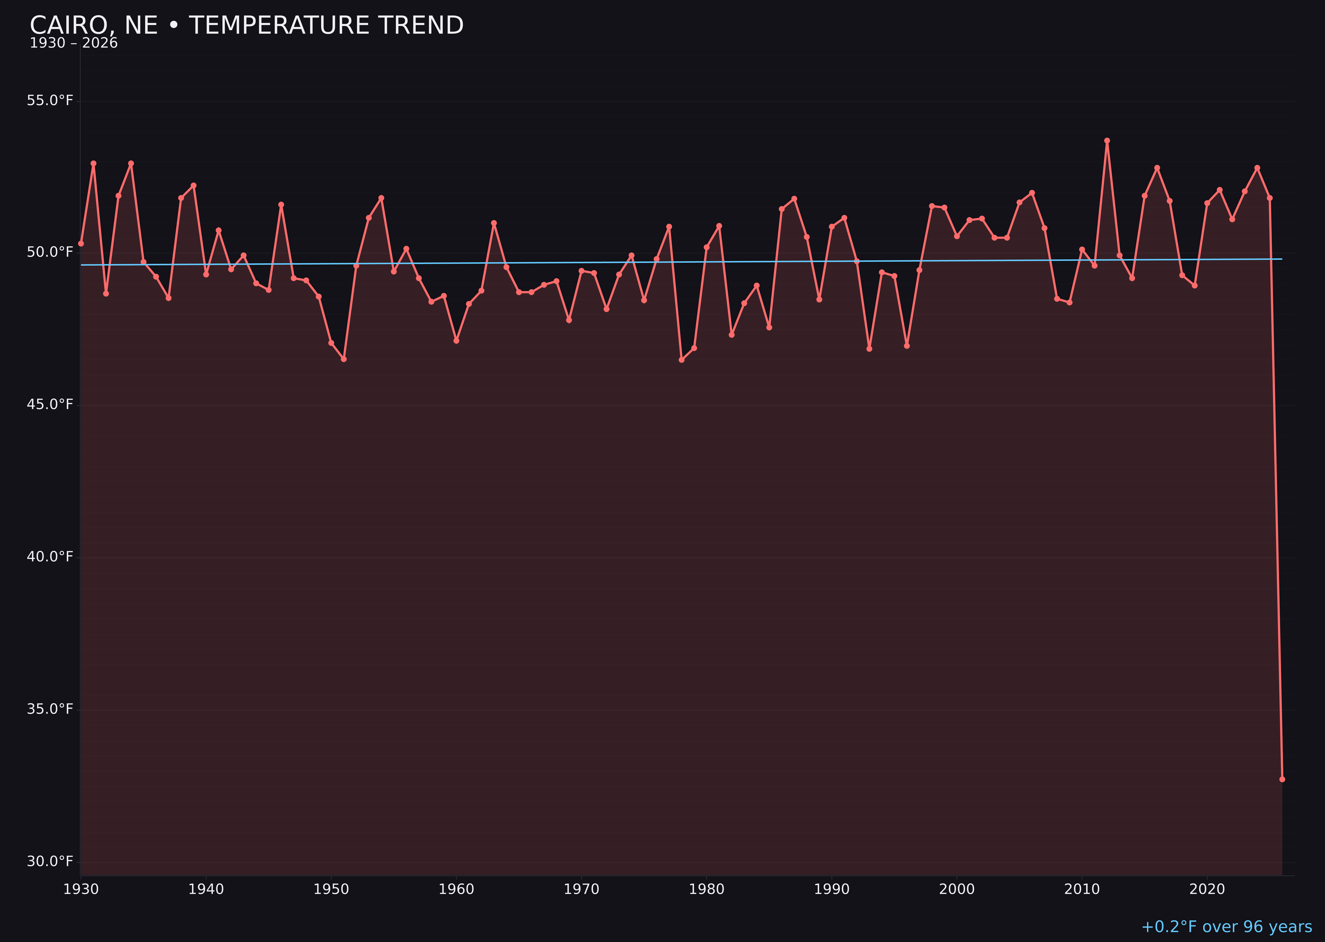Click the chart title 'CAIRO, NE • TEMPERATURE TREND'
[x=246, y=26]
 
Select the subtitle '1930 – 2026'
[x=74, y=43]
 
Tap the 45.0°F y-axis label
[x=50, y=405]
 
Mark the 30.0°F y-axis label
[x=50, y=862]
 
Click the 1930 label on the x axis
[x=80, y=890]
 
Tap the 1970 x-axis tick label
[x=581, y=890]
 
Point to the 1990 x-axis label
[x=831, y=890]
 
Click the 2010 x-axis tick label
[x=1082, y=890]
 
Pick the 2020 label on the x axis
[x=1207, y=890]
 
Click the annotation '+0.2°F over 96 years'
[x=1226, y=927]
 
